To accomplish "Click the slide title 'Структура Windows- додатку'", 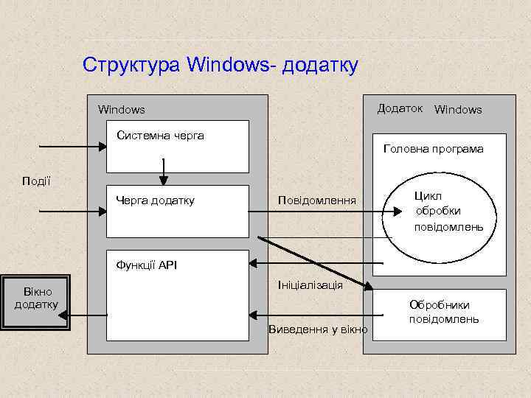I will pos(221,65).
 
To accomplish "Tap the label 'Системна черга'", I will pos(160,135).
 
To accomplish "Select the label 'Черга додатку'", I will pos(155,200).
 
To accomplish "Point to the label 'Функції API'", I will pos(147,265).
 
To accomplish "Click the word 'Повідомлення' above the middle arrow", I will pos(316,200).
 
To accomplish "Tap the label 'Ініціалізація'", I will pos(310,284).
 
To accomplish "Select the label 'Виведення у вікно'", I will pos(318,329).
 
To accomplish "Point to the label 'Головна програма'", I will pos(434,149).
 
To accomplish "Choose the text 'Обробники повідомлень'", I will pos(444,312).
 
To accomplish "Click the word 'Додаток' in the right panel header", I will pos(400,108).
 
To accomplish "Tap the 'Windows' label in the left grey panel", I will pos(122,110).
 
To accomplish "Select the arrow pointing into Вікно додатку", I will pos(85,315).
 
